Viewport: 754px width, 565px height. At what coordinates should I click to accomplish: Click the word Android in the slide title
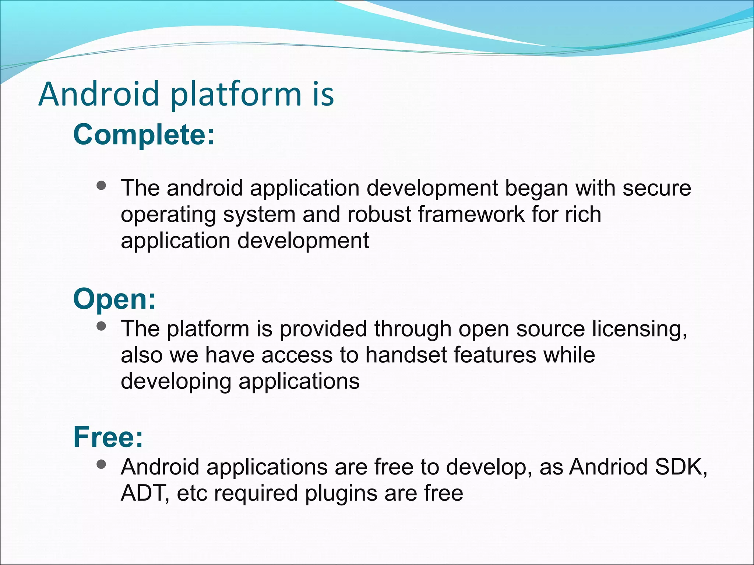(98, 95)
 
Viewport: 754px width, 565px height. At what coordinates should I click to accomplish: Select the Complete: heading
(144, 135)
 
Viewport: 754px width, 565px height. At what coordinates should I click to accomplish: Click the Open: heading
(114, 299)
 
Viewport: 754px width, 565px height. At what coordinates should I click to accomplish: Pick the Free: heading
(108, 437)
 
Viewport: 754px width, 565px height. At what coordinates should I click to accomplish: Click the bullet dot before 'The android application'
(101, 185)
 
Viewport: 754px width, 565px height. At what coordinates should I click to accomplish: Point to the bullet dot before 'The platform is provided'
(101, 326)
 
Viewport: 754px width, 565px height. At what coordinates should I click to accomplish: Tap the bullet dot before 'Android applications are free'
(101, 464)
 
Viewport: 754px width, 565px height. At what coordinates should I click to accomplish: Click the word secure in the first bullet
(656, 188)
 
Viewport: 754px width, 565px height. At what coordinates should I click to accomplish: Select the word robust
(378, 214)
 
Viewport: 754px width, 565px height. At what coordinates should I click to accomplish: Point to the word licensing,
(640, 329)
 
